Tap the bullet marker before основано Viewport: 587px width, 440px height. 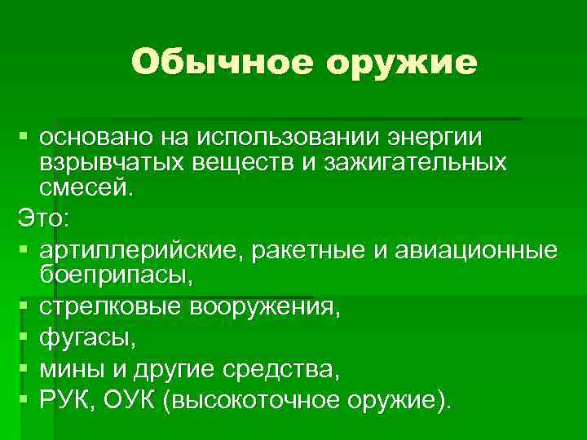tap(23, 132)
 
